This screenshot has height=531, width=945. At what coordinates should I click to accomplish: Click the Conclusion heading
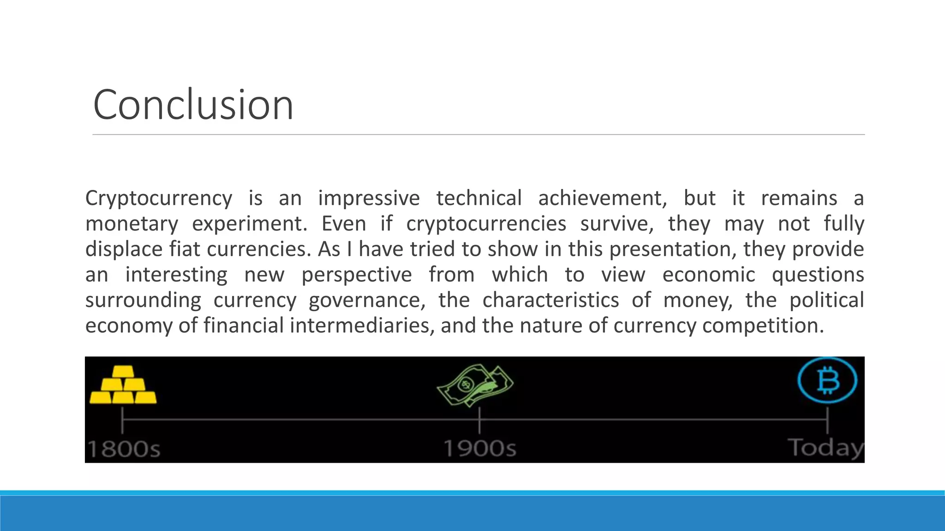pyautogui.click(x=193, y=105)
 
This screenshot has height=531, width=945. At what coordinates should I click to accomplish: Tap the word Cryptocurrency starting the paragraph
pyautogui.click(x=159, y=198)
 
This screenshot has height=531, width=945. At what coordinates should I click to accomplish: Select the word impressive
pyautogui.click(x=369, y=198)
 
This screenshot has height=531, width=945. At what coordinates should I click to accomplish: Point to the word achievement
pyautogui.click(x=602, y=198)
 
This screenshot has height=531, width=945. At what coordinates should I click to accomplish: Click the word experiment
pyautogui.click(x=249, y=224)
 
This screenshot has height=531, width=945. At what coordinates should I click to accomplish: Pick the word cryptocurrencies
pyautogui.click(x=486, y=224)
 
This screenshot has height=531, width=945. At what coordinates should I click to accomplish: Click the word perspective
pyautogui.click(x=357, y=275)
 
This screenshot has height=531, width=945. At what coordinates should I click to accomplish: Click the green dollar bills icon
pyautogui.click(x=475, y=385)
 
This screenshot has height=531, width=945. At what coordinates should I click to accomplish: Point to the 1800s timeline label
pyautogui.click(x=124, y=448)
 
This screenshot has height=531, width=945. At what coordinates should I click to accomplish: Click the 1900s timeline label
pyautogui.click(x=480, y=448)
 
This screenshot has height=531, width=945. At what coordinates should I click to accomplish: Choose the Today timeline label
pyautogui.click(x=825, y=448)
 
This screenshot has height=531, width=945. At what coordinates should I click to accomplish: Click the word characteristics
pyautogui.click(x=550, y=301)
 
